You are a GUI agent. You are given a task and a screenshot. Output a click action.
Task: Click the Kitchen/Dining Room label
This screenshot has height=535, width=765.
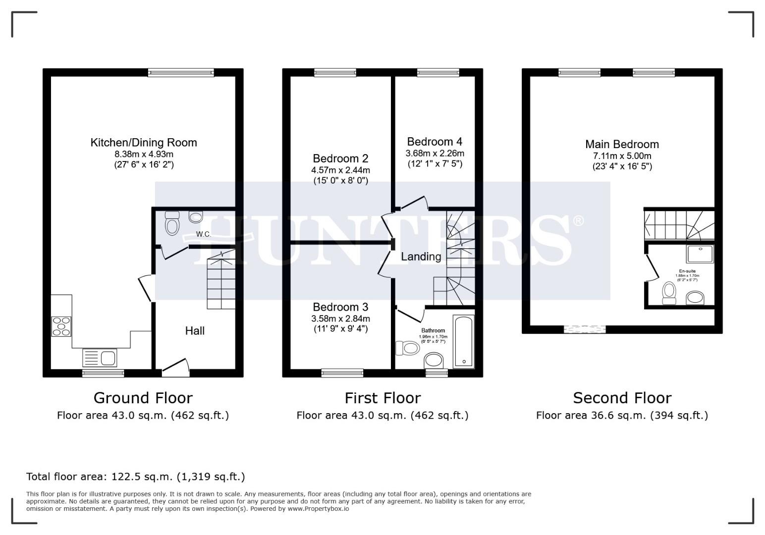[x=144, y=143]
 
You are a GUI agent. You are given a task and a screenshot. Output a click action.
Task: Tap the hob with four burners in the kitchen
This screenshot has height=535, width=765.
[x=61, y=326]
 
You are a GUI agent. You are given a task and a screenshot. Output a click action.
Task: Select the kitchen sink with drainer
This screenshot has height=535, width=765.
[x=99, y=358]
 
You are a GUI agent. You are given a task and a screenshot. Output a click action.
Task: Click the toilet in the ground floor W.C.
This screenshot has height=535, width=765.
[x=172, y=224]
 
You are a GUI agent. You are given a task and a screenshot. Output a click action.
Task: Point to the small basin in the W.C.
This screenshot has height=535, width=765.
[x=196, y=217]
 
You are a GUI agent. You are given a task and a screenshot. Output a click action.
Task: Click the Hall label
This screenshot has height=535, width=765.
[x=195, y=331]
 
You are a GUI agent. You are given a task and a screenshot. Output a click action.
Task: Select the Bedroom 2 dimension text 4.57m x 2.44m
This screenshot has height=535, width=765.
[x=340, y=170]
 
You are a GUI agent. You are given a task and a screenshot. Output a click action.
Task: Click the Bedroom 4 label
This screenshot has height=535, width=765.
[x=435, y=142]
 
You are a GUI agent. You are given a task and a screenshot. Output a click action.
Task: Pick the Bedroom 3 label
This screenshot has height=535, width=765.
[x=340, y=307]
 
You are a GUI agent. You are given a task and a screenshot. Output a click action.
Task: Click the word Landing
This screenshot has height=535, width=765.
[x=421, y=257]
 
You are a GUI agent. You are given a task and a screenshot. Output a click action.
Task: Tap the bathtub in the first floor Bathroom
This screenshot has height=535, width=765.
[x=464, y=342]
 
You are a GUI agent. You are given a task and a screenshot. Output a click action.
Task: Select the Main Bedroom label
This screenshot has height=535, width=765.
[x=622, y=144]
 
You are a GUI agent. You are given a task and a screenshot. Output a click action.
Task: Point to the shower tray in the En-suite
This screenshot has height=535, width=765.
[x=700, y=254]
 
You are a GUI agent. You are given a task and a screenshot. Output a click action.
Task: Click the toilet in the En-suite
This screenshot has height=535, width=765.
[x=669, y=293]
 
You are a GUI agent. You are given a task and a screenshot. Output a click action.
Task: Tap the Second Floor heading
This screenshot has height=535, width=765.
[x=622, y=398]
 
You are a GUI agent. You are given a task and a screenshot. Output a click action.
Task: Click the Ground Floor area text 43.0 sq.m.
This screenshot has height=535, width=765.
[x=143, y=416]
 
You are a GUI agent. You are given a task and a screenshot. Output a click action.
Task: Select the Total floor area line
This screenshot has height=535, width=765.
[x=135, y=477]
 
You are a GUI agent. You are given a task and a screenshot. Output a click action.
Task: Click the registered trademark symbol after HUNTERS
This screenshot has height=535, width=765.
[x=578, y=220]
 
